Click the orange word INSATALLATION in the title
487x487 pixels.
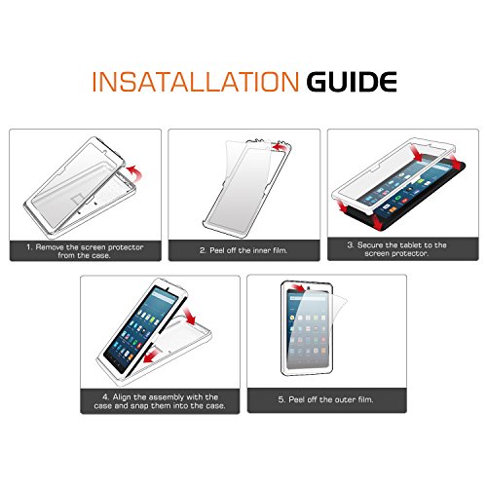pos(196,82)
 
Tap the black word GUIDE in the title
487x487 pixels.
pos(352,82)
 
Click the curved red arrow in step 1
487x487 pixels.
pos(134,172)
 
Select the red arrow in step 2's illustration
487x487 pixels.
pos(280,147)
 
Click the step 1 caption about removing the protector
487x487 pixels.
pos(85,251)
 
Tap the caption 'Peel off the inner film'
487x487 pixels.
pos(243,250)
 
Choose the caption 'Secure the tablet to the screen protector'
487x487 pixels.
pos(396,249)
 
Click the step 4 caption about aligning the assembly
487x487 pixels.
pos(160,401)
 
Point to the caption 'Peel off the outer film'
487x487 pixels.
pos(325,399)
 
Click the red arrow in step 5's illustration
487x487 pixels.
pos(298,287)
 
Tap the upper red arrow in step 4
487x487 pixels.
pos(190,316)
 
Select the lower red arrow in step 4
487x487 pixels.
pos(152,356)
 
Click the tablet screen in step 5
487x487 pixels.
pos(307,328)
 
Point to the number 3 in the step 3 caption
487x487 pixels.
pos(350,244)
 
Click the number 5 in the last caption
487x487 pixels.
pos(281,399)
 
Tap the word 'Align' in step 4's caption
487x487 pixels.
pos(122,397)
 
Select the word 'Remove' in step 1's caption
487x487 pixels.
pos(50,247)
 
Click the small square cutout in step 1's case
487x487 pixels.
pos(77,199)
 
